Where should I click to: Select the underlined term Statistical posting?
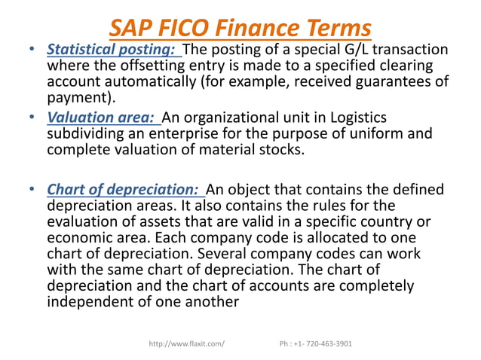pyautogui.click(x=113, y=50)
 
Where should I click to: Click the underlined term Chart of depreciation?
pyautogui.click(x=124, y=188)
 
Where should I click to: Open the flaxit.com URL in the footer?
pyautogui.click(x=186, y=344)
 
